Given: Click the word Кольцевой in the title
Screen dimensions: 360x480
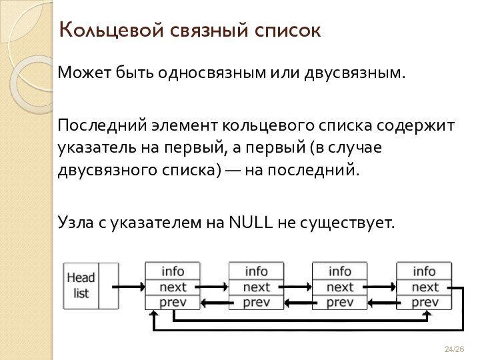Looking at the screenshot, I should pyautogui.click(x=101, y=30).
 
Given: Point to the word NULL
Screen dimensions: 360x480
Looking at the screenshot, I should pyautogui.click(x=250, y=221).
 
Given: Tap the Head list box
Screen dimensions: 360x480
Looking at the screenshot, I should pyautogui.click(x=81, y=285).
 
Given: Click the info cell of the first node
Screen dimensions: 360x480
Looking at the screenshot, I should pyautogui.click(x=173, y=271).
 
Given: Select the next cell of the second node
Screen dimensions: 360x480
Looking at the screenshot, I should pyautogui.click(x=256, y=287).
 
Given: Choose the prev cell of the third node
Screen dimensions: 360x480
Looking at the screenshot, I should pyautogui.click(x=340, y=302).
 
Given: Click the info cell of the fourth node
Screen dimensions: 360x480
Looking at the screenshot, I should pyautogui.click(x=424, y=271).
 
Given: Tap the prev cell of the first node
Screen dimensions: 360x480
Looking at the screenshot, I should pyautogui.click(x=173, y=302).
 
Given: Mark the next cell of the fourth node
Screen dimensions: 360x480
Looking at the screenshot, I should pyautogui.click(x=424, y=287).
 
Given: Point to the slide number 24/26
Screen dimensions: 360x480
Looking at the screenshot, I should pyautogui.click(x=454, y=349).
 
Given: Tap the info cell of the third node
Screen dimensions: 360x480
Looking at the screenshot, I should pyautogui.click(x=340, y=271).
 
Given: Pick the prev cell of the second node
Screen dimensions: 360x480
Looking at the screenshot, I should pyautogui.click(x=256, y=302).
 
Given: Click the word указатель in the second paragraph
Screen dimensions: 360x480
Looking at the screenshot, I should pyautogui.click(x=96, y=147).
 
